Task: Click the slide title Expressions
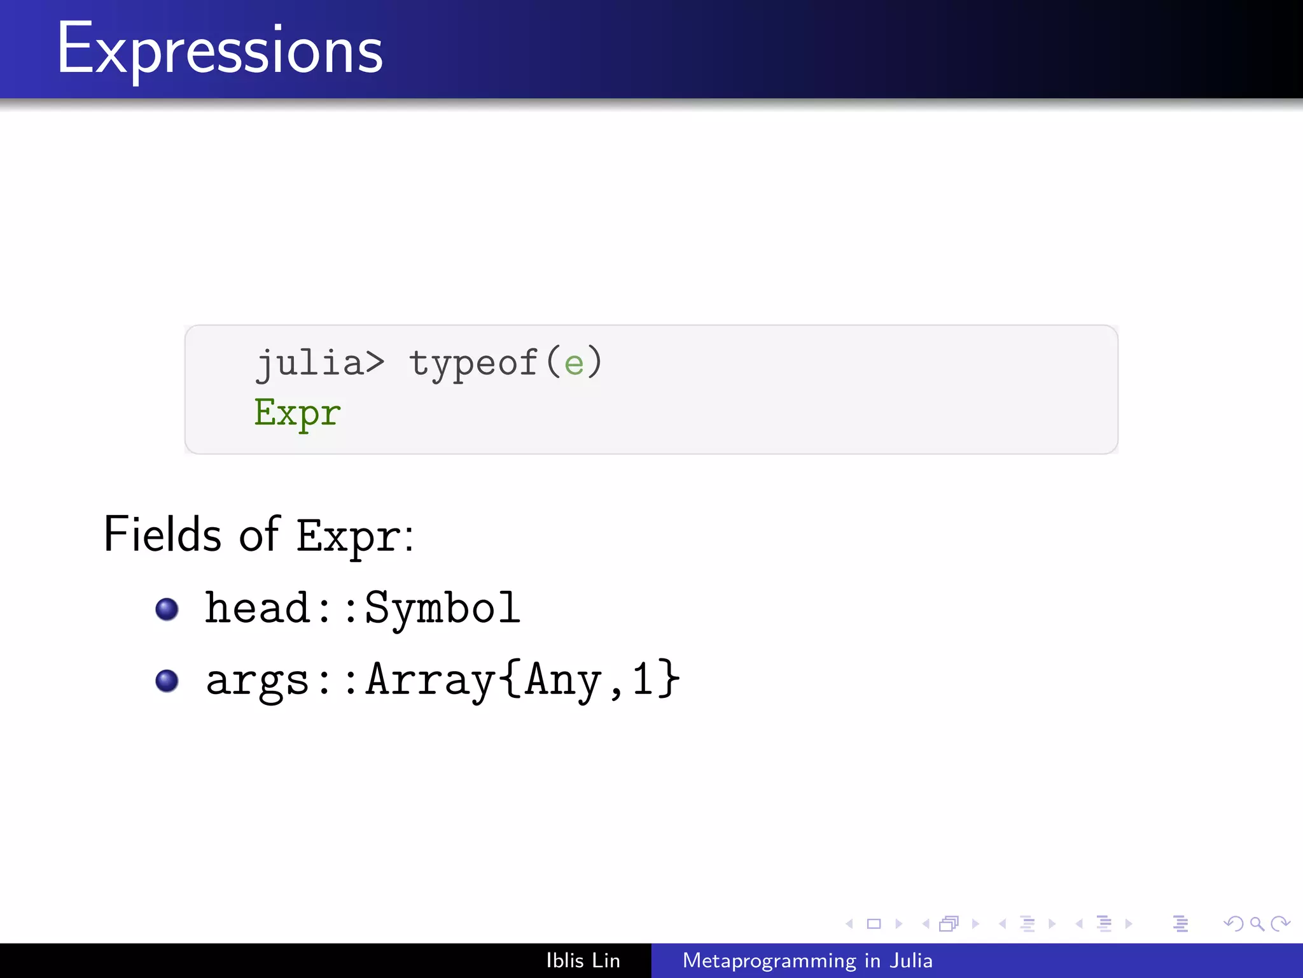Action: click(x=219, y=50)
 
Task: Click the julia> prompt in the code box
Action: click(x=320, y=364)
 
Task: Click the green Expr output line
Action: click(x=297, y=413)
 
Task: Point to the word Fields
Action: click(x=162, y=534)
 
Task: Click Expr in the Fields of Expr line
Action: click(x=349, y=536)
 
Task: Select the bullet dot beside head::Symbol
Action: click(x=167, y=609)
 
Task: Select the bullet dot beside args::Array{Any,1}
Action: click(x=167, y=681)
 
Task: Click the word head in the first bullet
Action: click(x=257, y=607)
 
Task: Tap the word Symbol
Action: click(x=442, y=609)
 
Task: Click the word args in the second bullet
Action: click(x=257, y=680)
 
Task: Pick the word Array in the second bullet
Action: click(x=431, y=679)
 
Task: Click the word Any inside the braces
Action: click(x=563, y=680)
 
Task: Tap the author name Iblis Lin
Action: click(x=583, y=960)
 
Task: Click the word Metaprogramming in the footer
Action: click(x=769, y=961)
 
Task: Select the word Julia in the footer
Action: click(x=911, y=960)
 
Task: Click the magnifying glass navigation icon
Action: click(x=1257, y=923)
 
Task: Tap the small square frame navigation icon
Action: click(x=874, y=923)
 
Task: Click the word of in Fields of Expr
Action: click(x=258, y=534)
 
